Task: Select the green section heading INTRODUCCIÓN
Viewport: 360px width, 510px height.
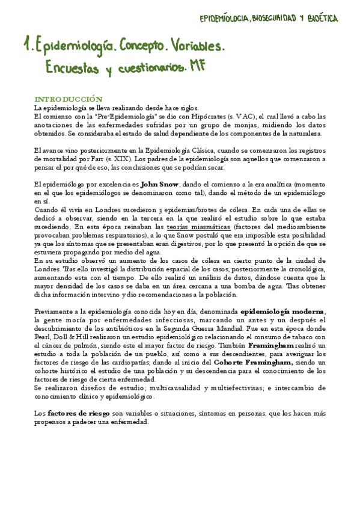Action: (x=69, y=99)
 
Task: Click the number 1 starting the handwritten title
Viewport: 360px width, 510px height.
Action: (x=26, y=45)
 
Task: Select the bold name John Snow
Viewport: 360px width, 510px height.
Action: (x=158, y=184)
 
